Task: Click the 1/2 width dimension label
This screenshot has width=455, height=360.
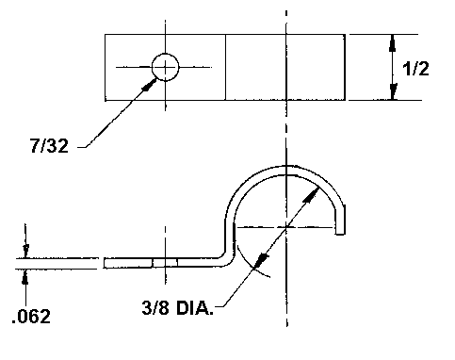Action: tap(415, 69)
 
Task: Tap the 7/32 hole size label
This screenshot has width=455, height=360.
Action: tap(49, 146)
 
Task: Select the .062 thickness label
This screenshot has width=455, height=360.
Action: tap(31, 317)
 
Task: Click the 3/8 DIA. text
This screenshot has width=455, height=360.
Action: tap(178, 308)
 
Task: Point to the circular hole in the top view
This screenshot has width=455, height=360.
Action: tap(166, 67)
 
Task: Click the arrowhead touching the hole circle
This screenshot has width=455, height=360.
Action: tap(150, 85)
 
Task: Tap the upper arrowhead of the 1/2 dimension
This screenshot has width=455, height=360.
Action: tap(393, 43)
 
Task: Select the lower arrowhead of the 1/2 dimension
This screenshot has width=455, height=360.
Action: tap(393, 91)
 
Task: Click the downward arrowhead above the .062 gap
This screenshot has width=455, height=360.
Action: tap(25, 251)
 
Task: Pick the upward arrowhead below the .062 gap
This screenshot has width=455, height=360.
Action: tap(25, 277)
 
